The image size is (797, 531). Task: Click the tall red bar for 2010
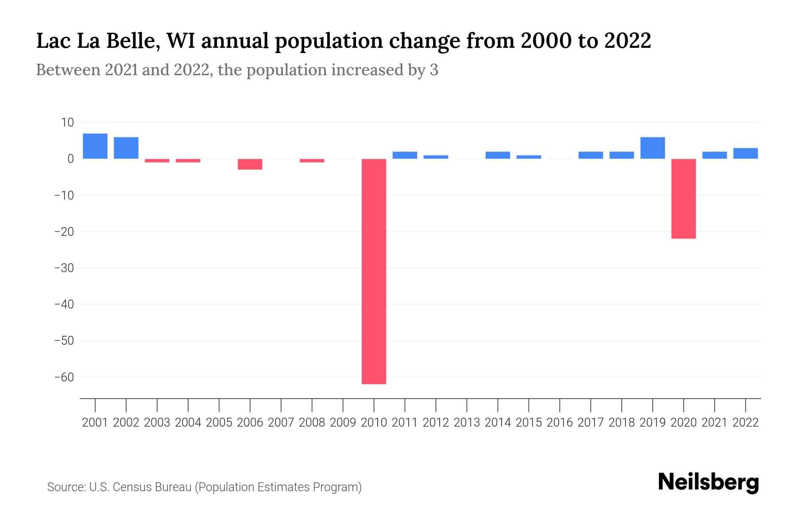point(374,271)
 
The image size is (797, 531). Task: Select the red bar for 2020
point(683,198)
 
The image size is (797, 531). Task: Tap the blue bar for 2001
point(95,146)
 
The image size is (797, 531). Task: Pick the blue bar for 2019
point(652,148)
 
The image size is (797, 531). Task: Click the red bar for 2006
point(250,164)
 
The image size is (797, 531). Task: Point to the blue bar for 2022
point(745,153)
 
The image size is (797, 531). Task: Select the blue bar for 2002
point(126,148)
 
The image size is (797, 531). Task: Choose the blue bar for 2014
point(498,155)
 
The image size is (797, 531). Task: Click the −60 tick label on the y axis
point(64,377)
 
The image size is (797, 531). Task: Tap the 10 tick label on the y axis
point(67,123)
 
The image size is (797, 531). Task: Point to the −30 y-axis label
point(64,268)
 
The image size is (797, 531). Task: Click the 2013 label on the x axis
point(467,423)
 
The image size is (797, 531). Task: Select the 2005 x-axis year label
point(219,423)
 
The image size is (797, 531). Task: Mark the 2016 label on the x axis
point(560,423)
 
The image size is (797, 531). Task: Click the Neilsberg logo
point(708,482)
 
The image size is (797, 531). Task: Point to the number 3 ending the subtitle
point(434,70)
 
